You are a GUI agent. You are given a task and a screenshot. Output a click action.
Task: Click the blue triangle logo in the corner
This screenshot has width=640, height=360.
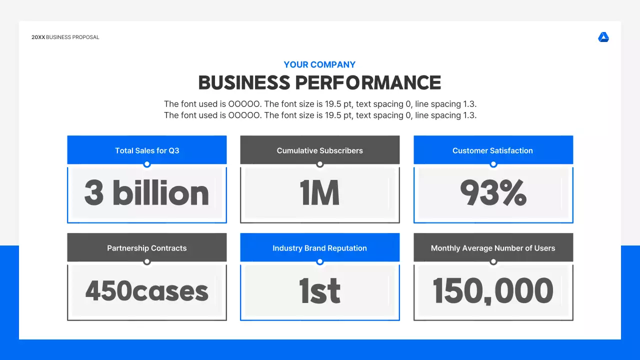tap(603, 37)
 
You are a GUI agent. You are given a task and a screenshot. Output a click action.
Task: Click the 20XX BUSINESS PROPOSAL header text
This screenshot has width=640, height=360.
tap(65, 37)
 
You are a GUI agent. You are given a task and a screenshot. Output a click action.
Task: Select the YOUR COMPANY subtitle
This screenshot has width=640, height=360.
tap(319, 64)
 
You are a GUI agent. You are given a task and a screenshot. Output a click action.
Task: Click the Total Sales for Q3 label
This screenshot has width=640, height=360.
tap(147, 150)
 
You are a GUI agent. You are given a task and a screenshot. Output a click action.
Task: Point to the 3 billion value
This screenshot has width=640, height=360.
tap(146, 193)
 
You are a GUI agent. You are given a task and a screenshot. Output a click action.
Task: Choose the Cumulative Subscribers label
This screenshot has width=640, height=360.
tap(320, 150)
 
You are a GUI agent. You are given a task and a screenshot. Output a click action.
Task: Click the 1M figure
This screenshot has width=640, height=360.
tap(320, 193)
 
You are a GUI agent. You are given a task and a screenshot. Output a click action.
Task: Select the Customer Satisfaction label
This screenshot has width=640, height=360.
tap(492, 150)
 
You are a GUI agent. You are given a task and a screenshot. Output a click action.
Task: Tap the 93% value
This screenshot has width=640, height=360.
tap(493, 193)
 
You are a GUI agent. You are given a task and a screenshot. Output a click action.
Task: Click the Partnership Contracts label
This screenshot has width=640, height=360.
tap(147, 248)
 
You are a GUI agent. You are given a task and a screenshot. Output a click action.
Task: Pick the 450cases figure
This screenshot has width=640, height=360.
tap(146, 291)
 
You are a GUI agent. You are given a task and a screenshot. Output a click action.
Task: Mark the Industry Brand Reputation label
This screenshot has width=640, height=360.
tap(319, 248)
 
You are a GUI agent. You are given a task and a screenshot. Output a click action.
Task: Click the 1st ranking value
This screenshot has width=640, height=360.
tap(320, 291)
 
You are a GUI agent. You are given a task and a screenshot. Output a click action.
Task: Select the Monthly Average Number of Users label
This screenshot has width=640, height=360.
tap(493, 248)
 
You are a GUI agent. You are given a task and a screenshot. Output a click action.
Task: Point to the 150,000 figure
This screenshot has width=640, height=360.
tap(493, 291)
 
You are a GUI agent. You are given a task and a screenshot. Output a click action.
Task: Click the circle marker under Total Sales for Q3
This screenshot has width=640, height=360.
tap(146, 164)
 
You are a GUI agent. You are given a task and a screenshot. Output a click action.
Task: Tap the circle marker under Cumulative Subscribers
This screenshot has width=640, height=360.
tap(320, 164)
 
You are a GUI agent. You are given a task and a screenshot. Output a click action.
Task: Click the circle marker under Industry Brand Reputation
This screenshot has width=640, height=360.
tap(320, 261)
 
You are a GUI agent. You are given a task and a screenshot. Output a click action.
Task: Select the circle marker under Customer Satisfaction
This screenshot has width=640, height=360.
tap(493, 164)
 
